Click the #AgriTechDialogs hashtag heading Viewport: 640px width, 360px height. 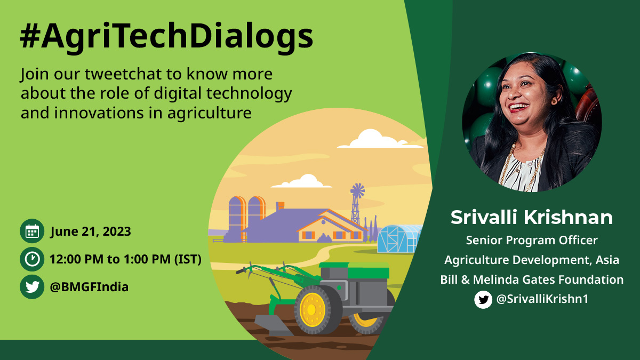pos(166,36)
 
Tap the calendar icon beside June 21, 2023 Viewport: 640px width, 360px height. pos(32,231)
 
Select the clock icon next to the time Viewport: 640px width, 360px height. pos(32,259)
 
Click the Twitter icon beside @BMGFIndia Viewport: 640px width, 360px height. pos(32,287)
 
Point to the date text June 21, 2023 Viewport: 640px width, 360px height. pos(90,232)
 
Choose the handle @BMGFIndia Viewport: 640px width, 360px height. pos(89,287)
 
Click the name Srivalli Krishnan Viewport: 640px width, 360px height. pos(532,218)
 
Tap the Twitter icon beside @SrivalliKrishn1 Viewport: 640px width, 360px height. pos(483,299)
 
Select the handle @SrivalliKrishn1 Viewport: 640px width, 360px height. pos(542,299)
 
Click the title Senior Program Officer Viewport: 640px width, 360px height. pos(532,241)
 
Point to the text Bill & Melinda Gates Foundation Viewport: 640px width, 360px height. pos(532,279)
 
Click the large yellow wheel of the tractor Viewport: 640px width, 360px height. pos(311,310)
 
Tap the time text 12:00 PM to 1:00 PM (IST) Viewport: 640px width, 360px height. pos(125,260)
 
